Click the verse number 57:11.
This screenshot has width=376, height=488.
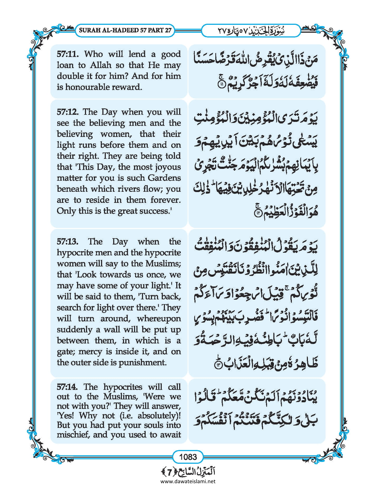(68, 54)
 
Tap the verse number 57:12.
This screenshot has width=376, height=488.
(68, 112)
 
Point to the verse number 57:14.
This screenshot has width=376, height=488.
(67, 387)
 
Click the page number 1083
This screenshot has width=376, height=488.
(188, 456)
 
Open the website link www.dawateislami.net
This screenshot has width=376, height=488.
(188, 481)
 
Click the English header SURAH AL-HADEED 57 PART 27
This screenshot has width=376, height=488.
(125, 30)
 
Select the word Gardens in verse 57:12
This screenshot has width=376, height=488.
(164, 178)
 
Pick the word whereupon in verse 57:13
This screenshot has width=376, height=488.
(159, 319)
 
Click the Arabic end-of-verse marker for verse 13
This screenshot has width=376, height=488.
(218, 365)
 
